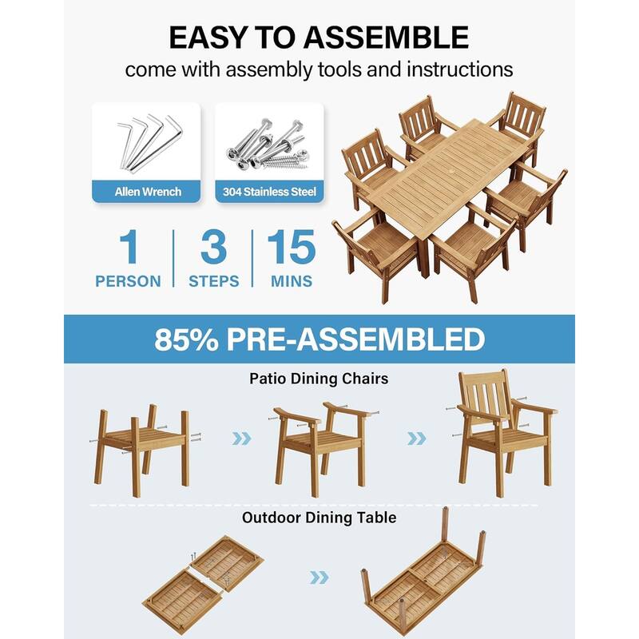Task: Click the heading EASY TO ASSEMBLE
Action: pos(318,38)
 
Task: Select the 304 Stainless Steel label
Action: pos(269,191)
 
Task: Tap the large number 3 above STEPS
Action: pos(213,248)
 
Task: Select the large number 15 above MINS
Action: pos(291,248)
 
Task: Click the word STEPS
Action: pos(213,281)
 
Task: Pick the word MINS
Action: pos(291,281)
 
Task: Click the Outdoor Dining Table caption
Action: pos(319,518)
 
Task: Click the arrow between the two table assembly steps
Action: pos(319,577)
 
